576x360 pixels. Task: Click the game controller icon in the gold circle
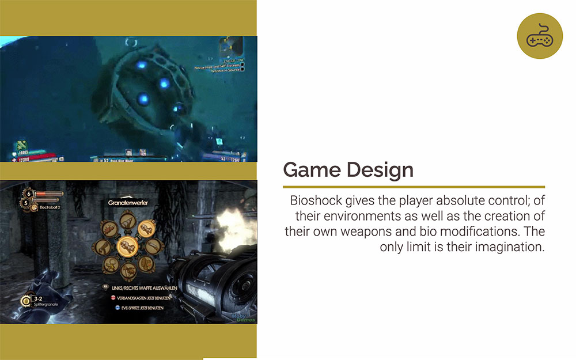point(539,36)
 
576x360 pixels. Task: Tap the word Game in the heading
point(312,170)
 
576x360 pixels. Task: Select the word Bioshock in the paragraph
point(314,201)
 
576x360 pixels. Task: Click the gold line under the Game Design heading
point(414,187)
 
